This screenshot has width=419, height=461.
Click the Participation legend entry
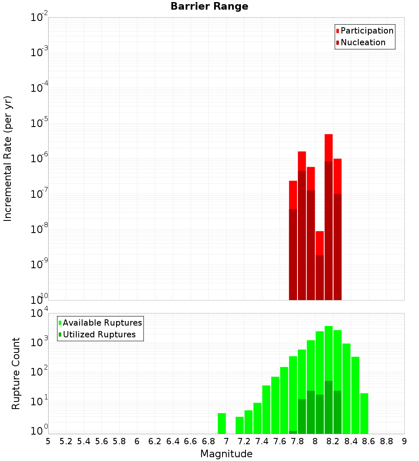[367, 31]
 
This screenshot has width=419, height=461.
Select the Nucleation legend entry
[362, 42]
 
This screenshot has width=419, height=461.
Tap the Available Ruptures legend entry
[102, 323]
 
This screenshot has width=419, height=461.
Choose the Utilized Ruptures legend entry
[99, 334]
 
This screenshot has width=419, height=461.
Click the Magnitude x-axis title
[226, 454]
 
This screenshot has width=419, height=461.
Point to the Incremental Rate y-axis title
[8, 158]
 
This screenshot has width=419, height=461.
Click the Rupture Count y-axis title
[16, 373]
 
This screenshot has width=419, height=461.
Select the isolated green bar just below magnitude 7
[222, 423]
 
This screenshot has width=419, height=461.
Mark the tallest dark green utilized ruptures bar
[328, 407]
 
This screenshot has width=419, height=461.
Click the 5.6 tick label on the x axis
[101, 441]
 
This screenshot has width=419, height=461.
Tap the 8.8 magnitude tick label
[386, 441]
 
